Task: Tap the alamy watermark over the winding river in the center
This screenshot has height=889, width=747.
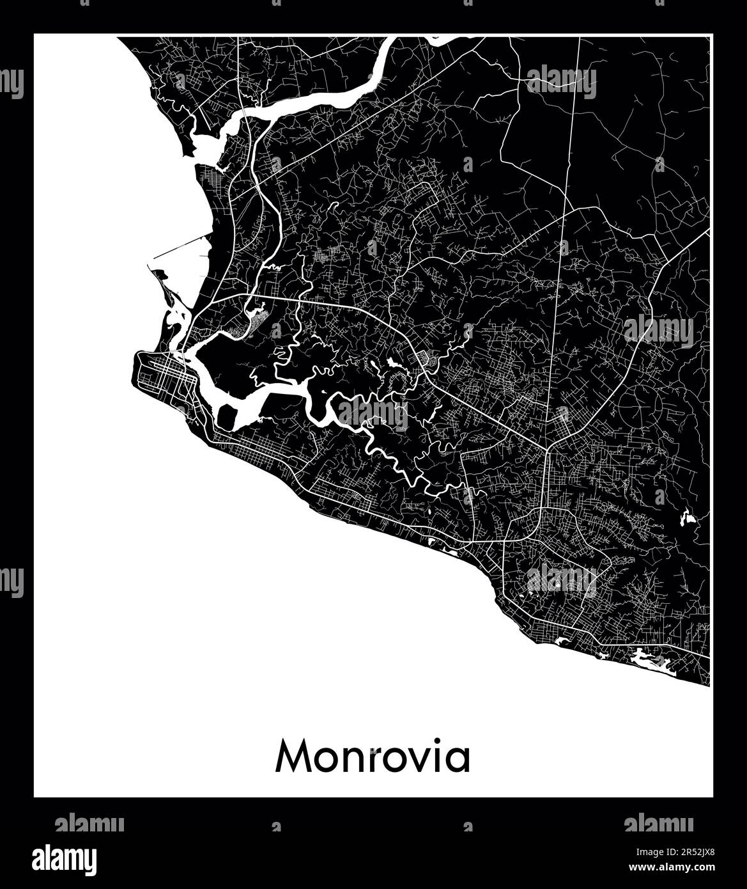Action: coord(372,414)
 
